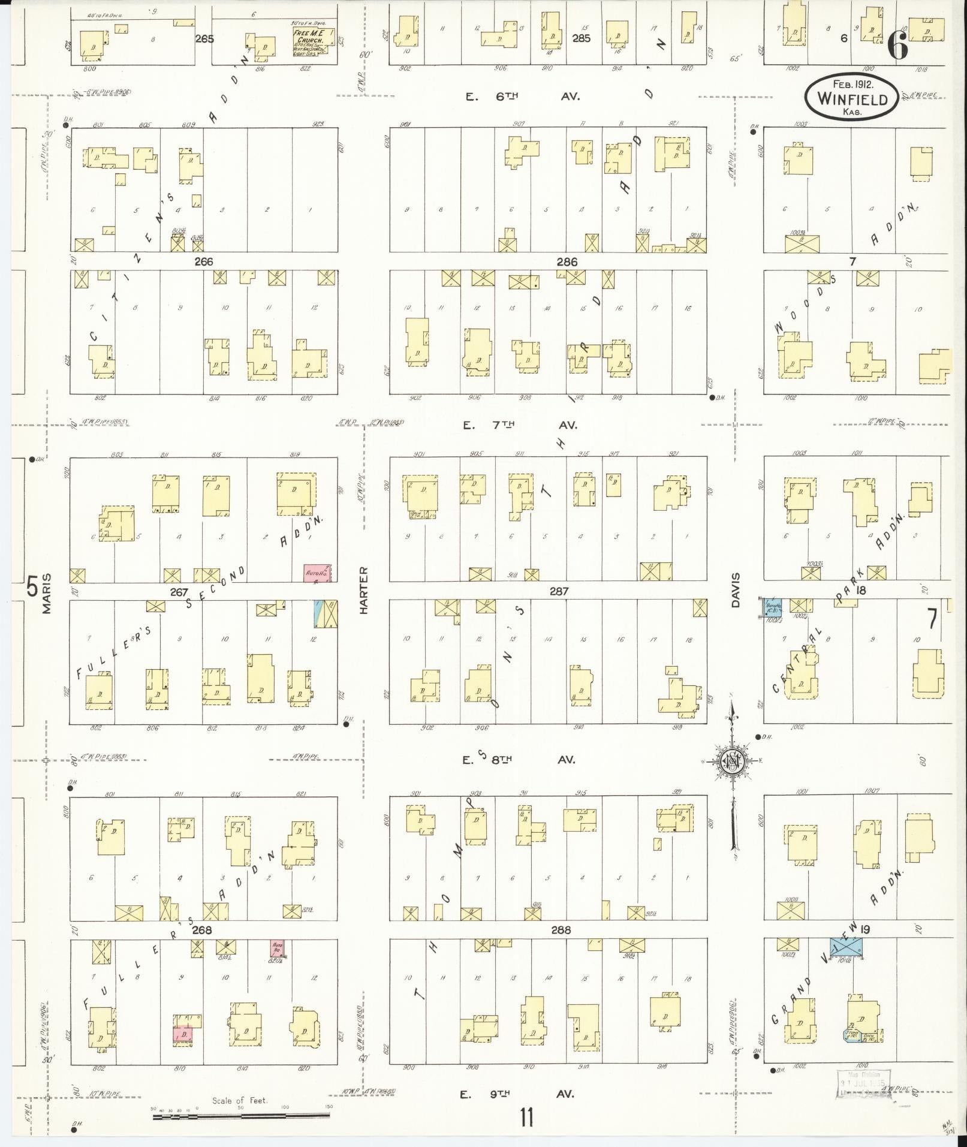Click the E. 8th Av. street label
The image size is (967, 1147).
pyautogui.click(x=519, y=760)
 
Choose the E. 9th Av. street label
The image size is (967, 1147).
pyautogui.click(x=518, y=1093)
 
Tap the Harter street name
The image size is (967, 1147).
pyautogui.click(x=363, y=590)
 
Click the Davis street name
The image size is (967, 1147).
pyautogui.click(x=736, y=590)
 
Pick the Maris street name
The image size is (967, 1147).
pyautogui.click(x=47, y=593)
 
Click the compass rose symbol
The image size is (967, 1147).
pyautogui.click(x=733, y=761)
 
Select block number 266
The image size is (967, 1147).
pyautogui.click(x=203, y=261)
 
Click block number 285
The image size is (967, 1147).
pyautogui.click(x=581, y=38)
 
